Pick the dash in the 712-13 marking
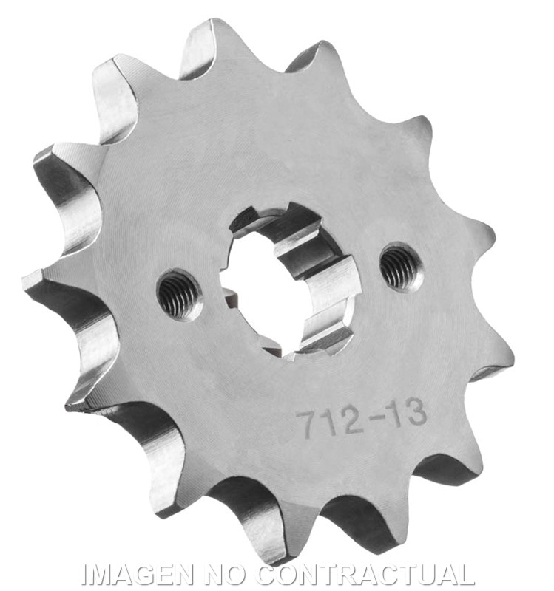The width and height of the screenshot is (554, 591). tap(370, 419)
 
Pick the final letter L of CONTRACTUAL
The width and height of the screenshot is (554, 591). tap(467, 574)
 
